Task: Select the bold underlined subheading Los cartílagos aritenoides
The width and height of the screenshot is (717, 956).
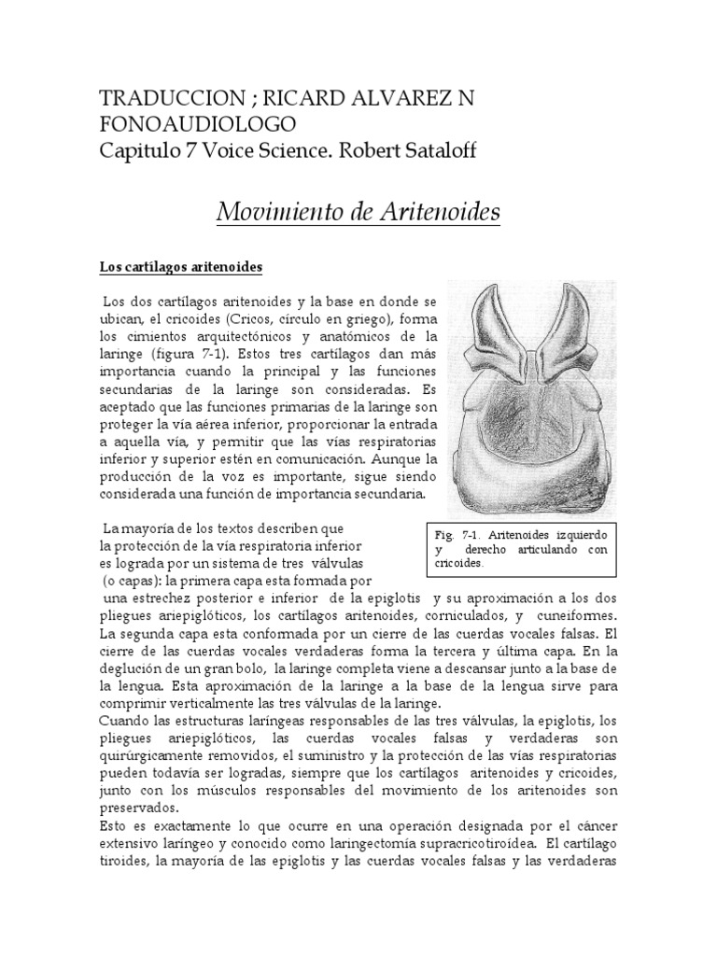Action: pyautogui.click(x=181, y=267)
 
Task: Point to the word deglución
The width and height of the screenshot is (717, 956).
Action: pyautogui.click(x=136, y=669)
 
